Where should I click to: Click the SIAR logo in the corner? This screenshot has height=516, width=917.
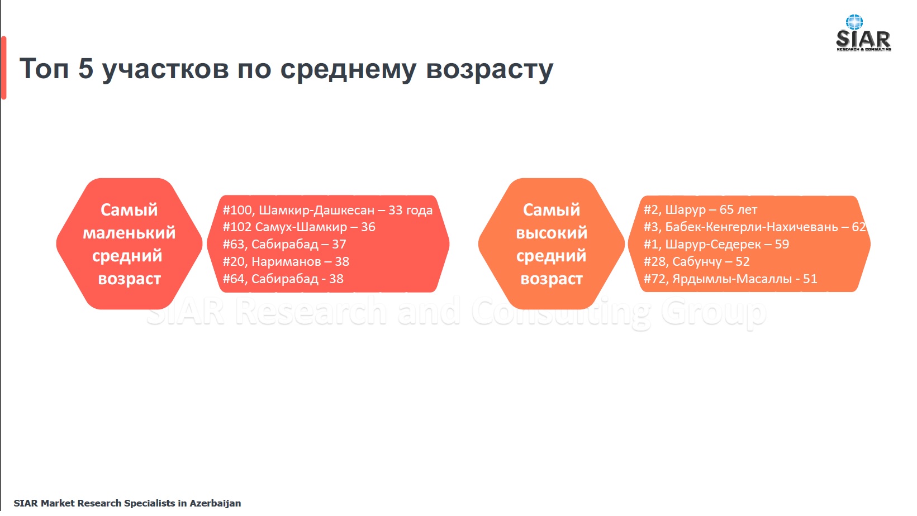pyautogui.click(x=863, y=33)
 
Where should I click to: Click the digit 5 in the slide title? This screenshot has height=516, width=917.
pyautogui.click(x=86, y=68)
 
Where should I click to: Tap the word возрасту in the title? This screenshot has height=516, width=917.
pyautogui.click(x=490, y=70)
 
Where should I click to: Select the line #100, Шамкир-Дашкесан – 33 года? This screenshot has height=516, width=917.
pyautogui.click(x=327, y=210)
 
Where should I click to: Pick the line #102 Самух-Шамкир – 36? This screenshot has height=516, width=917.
pyautogui.click(x=299, y=227)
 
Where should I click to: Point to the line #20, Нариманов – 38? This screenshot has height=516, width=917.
pyautogui.click(x=286, y=261)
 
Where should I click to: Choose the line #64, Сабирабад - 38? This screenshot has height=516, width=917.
pyautogui.click(x=283, y=279)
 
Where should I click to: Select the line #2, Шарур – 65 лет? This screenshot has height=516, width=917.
pyautogui.click(x=700, y=209)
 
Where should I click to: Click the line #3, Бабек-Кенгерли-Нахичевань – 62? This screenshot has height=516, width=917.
pyautogui.click(x=755, y=227)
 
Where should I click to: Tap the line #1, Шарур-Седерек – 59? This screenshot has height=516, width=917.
pyautogui.click(x=716, y=244)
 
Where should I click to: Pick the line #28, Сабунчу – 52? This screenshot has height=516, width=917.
pyautogui.click(x=697, y=261)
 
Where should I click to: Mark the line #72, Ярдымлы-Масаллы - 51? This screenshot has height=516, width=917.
pyautogui.click(x=730, y=279)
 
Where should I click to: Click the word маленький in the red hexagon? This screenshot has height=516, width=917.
pyautogui.click(x=129, y=233)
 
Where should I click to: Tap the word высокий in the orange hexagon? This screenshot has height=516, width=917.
pyautogui.click(x=552, y=233)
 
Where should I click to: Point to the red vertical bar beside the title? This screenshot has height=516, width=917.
pyautogui.click(x=4, y=68)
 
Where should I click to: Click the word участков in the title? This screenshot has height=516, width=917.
pyautogui.click(x=165, y=70)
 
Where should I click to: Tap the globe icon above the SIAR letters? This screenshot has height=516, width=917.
pyautogui.click(x=854, y=22)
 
